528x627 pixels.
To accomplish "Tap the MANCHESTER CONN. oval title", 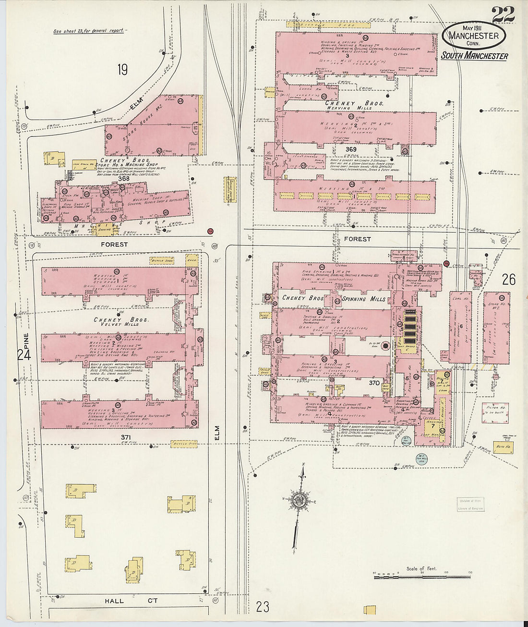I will pos(474,37).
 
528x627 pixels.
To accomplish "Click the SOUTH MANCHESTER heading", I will pos(474,56).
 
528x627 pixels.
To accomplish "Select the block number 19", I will pos(122,70).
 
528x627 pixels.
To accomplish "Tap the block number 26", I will pos(509,280).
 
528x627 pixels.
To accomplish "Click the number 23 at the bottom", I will pos(263,606).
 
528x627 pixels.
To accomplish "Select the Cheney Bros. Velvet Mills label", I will pos(121,322).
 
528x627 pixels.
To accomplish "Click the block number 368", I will pos(124,178).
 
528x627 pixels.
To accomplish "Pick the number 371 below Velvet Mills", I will pos(126,437).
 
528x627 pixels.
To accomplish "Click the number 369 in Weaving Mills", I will pos(351,149).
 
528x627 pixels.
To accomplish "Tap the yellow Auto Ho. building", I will pos(503,446).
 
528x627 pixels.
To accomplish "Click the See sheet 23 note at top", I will pos(89,31).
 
